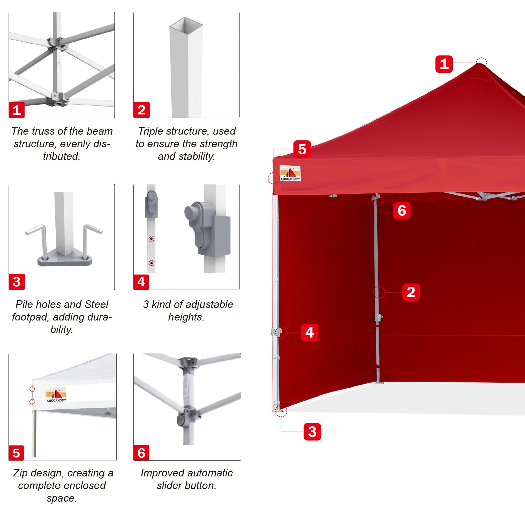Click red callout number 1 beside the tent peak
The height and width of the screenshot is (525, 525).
point(444,64)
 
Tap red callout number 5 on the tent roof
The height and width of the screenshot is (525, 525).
point(302,149)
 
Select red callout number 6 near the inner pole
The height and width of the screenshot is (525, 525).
point(402,210)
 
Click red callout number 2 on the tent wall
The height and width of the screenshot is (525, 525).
point(411,292)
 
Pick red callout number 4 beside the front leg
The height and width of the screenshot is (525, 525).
point(309,332)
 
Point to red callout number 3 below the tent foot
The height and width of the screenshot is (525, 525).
point(312,432)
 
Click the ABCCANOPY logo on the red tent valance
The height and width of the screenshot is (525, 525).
point(290,173)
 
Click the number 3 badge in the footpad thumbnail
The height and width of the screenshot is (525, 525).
point(17,282)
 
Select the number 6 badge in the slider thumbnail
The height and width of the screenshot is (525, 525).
point(141,453)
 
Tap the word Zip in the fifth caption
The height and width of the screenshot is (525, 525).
point(20,473)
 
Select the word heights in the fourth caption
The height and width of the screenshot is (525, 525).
point(186,317)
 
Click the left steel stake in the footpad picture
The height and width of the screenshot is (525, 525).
point(38,239)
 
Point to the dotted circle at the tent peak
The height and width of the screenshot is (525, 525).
point(481,63)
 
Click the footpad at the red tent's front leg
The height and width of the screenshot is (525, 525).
point(280,411)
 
